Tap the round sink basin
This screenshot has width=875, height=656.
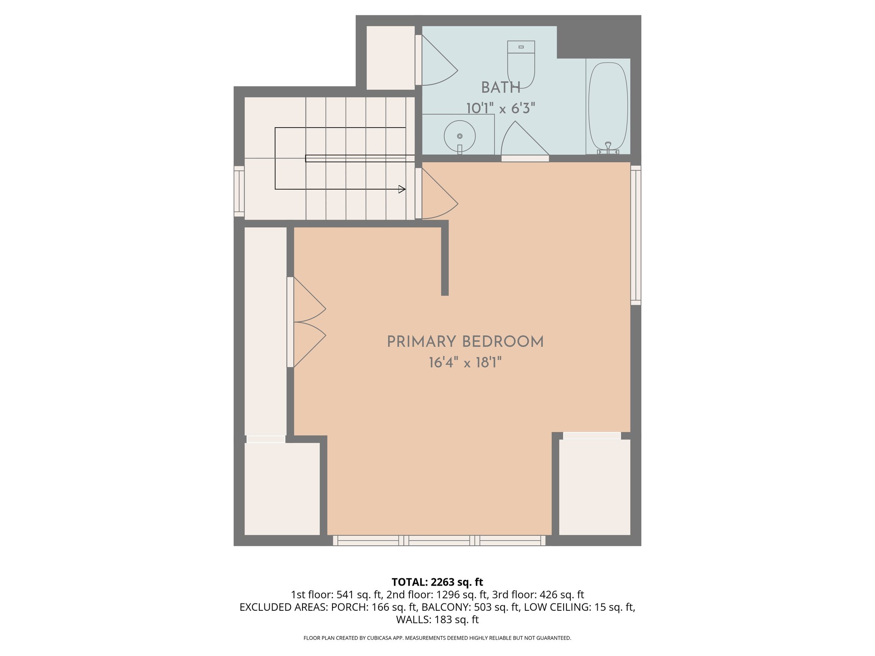[460, 136]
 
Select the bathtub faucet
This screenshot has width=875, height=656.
[608, 147]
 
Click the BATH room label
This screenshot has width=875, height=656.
[501, 88]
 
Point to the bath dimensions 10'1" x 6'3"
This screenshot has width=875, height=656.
[500, 108]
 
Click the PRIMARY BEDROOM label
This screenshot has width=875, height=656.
[465, 342]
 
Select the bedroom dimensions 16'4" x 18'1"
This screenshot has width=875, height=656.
[465, 363]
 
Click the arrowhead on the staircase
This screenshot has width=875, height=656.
[402, 189]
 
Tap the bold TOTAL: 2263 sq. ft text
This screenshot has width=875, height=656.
[437, 582]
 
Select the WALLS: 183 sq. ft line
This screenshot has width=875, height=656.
[437, 619]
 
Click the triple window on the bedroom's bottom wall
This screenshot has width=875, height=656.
[439, 541]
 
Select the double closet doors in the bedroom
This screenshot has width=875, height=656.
[307, 322]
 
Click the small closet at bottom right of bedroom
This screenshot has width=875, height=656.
[594, 487]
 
